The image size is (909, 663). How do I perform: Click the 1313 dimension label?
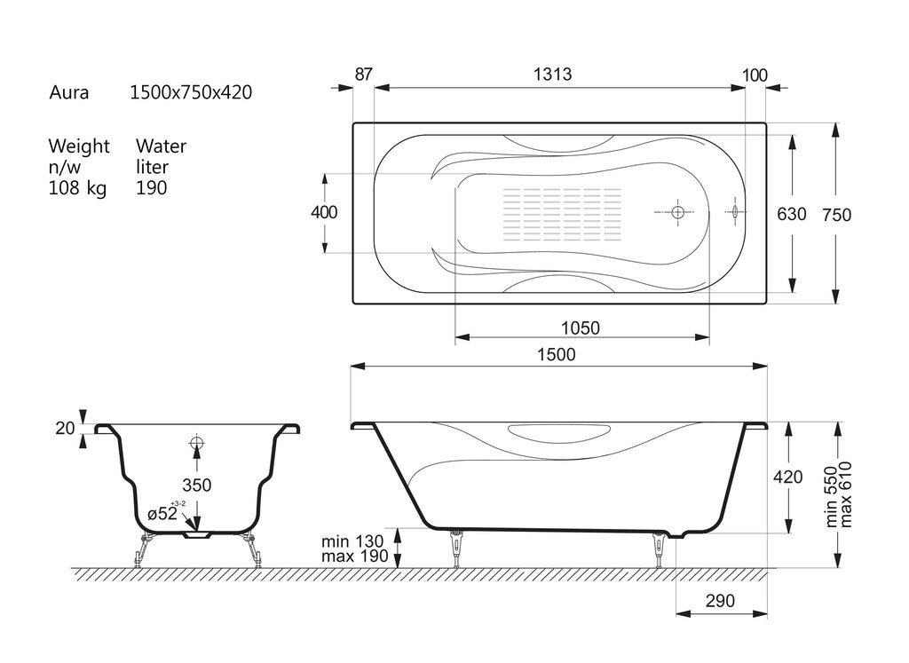click(x=552, y=75)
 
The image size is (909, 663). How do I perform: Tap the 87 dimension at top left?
click(x=363, y=75)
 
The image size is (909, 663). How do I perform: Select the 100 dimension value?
click(x=755, y=75)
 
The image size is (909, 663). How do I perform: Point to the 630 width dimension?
click(x=791, y=215)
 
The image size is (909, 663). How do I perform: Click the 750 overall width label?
click(x=836, y=215)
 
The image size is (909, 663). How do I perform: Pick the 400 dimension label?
click(x=324, y=213)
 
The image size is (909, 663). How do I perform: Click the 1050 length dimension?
click(x=581, y=328)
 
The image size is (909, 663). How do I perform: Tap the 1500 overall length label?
click(x=556, y=355)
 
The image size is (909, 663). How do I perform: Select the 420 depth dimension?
click(x=788, y=477)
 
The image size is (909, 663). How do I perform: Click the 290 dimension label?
click(x=720, y=601)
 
